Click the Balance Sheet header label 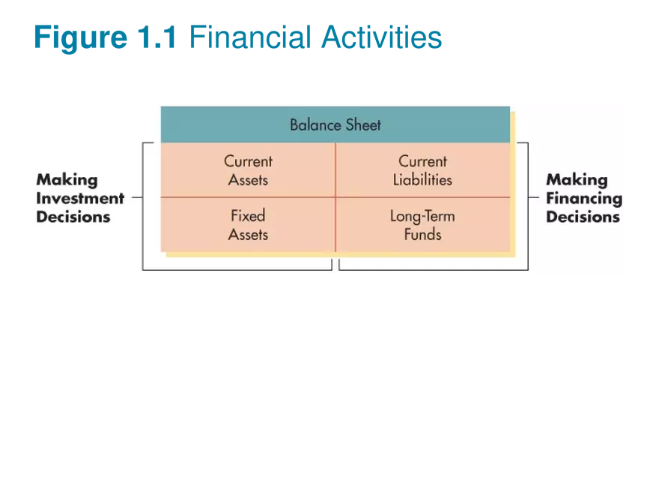335,124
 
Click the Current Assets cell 248,170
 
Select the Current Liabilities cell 423,170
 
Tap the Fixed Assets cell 248,225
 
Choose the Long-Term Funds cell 423,225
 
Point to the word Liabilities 423,180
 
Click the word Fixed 248,216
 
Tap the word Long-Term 422,216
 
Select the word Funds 423,235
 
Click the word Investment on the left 80,199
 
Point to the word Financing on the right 584,199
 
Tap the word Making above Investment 67,180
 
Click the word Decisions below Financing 583,217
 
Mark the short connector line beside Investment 137,198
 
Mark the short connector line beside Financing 533,198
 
